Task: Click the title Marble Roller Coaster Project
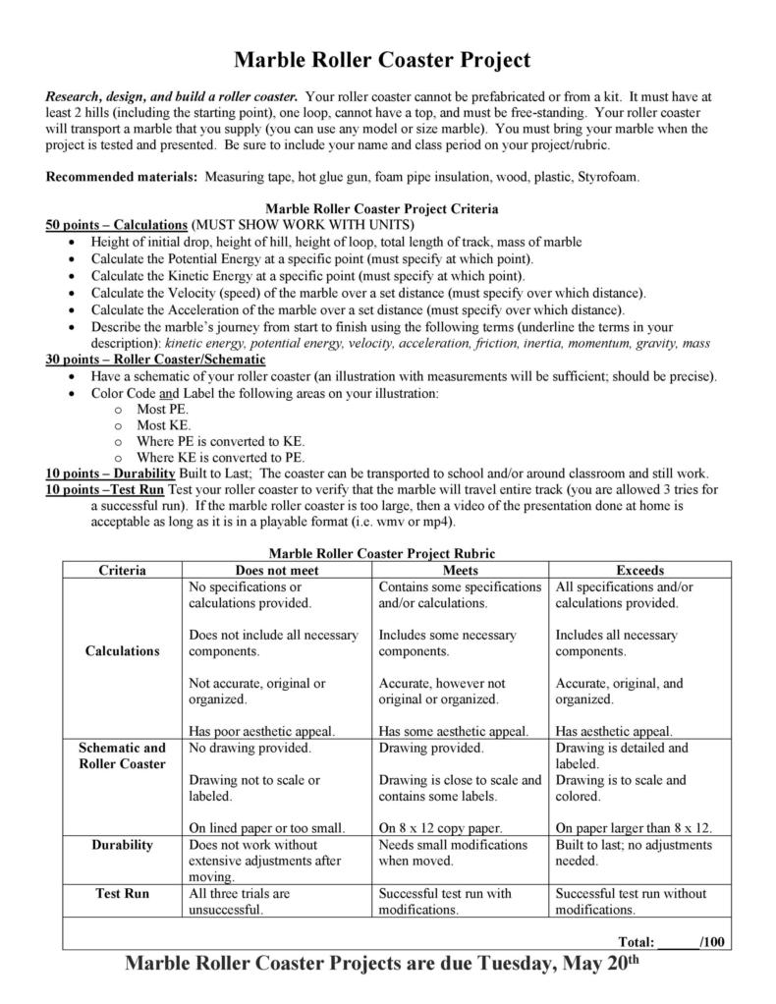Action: (x=382, y=61)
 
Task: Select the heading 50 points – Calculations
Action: (x=117, y=225)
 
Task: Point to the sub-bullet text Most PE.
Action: (x=162, y=409)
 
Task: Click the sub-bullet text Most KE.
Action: (x=163, y=425)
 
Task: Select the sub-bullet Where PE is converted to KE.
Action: (x=220, y=441)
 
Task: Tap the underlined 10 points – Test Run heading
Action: (x=105, y=489)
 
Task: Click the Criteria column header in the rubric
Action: (x=123, y=570)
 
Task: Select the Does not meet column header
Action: (x=277, y=570)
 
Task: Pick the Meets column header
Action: (x=461, y=570)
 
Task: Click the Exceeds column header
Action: (x=639, y=570)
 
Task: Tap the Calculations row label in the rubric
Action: (x=123, y=650)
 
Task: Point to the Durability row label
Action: (x=123, y=845)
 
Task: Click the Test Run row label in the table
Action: (x=123, y=894)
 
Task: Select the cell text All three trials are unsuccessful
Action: (x=240, y=902)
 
